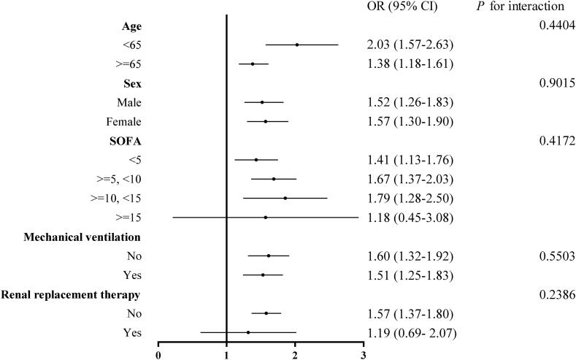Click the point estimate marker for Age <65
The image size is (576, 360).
coord(297,45)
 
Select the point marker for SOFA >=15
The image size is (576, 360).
coord(265,217)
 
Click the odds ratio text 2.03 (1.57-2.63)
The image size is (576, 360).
coord(410,45)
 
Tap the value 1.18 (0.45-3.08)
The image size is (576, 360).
coord(410,218)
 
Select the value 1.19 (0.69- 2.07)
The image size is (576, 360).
coord(411,332)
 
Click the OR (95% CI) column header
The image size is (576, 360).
coord(400,7)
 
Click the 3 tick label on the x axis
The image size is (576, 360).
coord(364,355)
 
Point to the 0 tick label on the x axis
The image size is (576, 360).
coord(158,355)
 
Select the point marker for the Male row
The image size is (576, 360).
coord(262,102)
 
